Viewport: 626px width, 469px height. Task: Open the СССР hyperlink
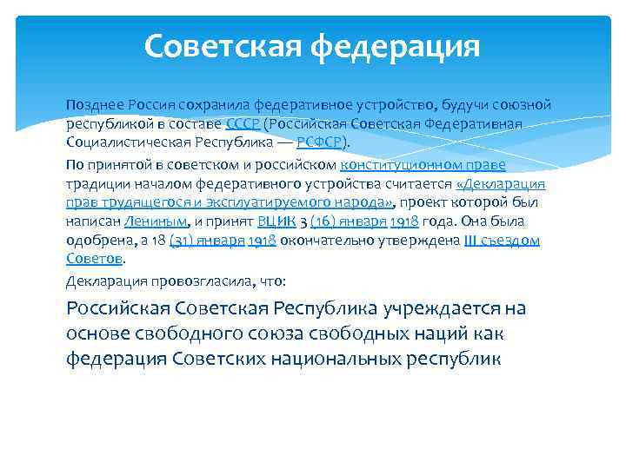[243, 123]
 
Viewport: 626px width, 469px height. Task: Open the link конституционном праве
[423, 163]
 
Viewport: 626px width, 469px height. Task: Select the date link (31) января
[207, 241]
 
